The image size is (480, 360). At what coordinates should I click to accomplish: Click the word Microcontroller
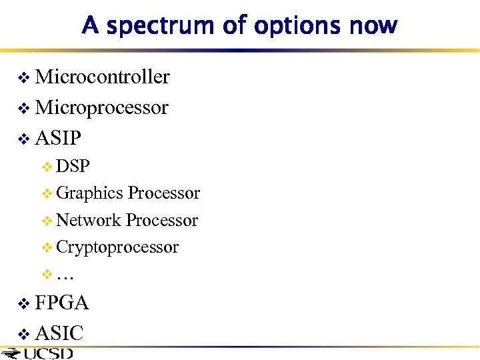[102, 77]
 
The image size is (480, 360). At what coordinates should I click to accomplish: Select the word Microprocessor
[101, 108]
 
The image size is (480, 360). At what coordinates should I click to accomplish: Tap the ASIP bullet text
[58, 138]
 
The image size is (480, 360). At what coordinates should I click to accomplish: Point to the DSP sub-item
[73, 166]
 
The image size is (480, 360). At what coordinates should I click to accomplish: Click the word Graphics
[90, 193]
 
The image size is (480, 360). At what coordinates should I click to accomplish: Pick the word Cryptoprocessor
[117, 247]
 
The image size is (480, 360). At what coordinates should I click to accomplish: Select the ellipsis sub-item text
[65, 275]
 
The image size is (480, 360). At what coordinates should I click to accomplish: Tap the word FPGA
[61, 303]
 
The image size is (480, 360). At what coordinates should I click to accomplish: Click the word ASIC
[59, 332]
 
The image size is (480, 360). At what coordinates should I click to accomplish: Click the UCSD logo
[40, 353]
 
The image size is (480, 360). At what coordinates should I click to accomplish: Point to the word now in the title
[373, 26]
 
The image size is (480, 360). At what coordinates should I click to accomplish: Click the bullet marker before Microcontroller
[24, 79]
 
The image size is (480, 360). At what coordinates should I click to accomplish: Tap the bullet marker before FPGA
[24, 304]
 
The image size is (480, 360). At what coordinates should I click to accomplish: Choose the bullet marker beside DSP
[47, 167]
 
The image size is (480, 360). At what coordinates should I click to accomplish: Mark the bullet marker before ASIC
[24, 333]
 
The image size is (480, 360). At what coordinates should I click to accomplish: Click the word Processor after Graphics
[163, 193]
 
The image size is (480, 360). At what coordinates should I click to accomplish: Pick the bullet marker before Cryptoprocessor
[47, 248]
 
